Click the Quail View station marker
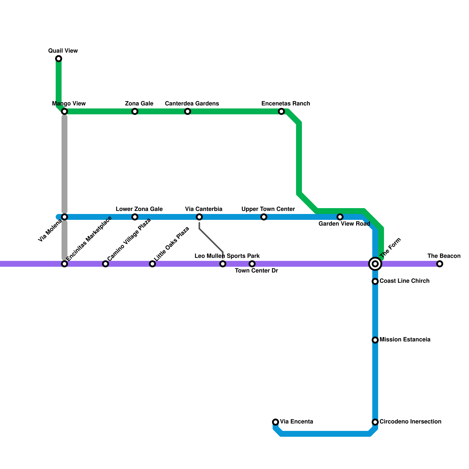click(59, 59)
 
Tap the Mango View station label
click(69, 103)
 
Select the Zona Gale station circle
click(135, 111)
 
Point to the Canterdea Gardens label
click(192, 103)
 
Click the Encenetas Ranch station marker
click(281, 111)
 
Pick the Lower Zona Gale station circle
click(135, 217)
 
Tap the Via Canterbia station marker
click(199, 217)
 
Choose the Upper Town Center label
click(268, 209)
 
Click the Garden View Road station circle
click(340, 217)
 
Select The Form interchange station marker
click(375, 264)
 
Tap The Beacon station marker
click(439, 264)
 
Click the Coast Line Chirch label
click(404, 281)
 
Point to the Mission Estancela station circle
click(375, 340)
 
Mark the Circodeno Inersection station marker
click(375, 422)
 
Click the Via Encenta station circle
click(276, 422)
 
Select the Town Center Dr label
click(256, 271)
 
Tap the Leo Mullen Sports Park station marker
click(223, 264)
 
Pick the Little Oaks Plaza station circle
click(152, 264)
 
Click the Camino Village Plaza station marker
click(106, 264)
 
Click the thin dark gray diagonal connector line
click(211, 240)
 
